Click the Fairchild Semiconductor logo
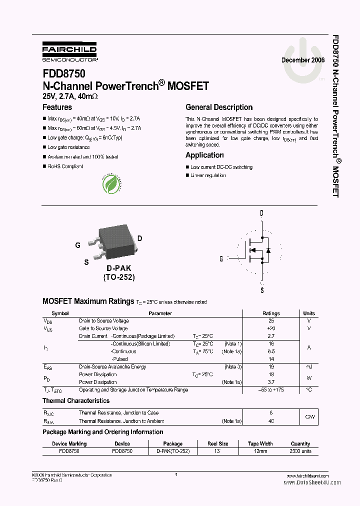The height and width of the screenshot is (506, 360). (x=69, y=51)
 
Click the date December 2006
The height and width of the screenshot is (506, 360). (x=303, y=60)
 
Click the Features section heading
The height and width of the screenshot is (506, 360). (x=57, y=107)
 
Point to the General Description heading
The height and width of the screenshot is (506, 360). (x=219, y=107)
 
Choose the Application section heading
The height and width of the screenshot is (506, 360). (x=204, y=155)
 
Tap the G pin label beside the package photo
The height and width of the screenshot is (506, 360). (x=77, y=245)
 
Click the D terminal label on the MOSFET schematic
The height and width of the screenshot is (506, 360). (x=261, y=213)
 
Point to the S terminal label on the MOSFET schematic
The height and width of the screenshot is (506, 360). (x=261, y=290)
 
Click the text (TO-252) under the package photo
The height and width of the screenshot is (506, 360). (x=118, y=277)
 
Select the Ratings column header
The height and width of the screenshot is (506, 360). (x=271, y=313)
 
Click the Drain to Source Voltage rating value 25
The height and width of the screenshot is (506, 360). (x=271, y=320)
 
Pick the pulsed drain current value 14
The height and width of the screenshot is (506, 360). (x=271, y=359)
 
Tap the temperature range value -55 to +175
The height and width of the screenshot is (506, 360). (x=271, y=389)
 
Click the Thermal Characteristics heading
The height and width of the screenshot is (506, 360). (x=76, y=401)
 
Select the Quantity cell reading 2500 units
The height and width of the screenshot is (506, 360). (x=300, y=451)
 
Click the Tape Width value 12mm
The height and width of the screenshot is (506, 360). (x=260, y=451)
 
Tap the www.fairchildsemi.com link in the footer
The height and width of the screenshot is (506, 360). (x=308, y=475)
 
